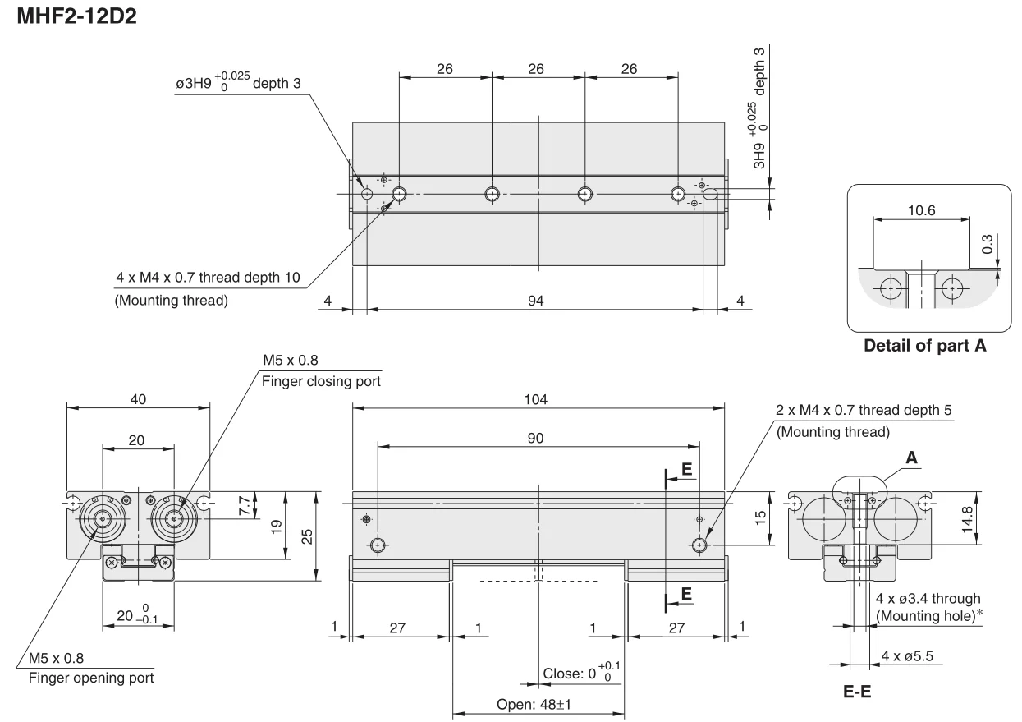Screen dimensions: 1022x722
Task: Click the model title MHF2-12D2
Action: pos(76,16)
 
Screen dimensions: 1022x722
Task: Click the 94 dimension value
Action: pos(536,301)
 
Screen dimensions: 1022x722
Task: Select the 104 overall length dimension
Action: pos(536,399)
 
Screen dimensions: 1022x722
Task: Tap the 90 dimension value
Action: pos(536,438)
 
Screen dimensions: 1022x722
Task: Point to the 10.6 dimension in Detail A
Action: pos(921,210)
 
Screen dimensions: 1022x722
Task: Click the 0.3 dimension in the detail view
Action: pos(987,244)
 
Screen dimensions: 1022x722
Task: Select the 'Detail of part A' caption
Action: pos(925,346)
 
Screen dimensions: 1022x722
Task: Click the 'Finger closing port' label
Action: pos(321,381)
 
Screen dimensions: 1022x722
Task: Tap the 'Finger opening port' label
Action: pos(91,678)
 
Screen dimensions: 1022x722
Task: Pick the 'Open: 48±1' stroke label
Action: pos(534,704)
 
